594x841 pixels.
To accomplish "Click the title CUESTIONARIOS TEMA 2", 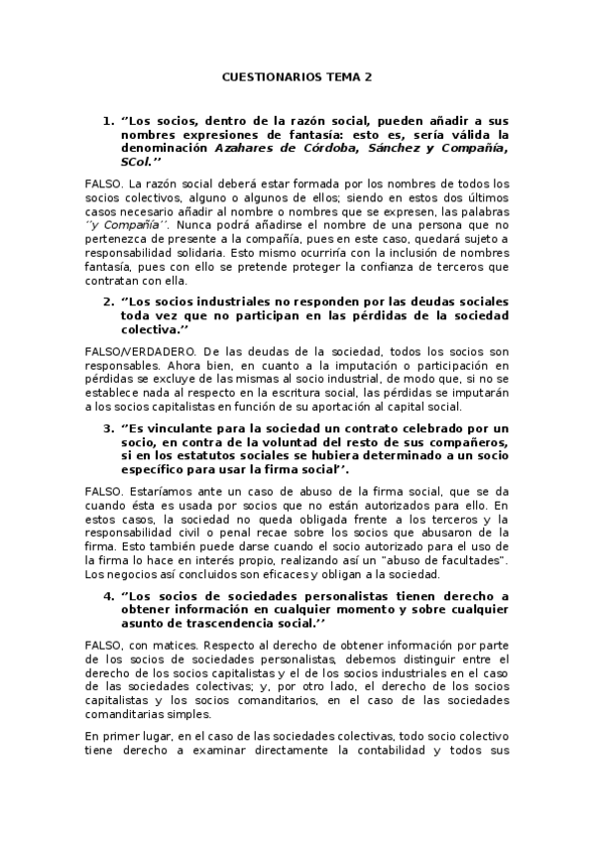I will point(297,74).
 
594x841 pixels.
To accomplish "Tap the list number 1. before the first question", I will point(108,121).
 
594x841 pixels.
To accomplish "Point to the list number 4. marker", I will point(108,596).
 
